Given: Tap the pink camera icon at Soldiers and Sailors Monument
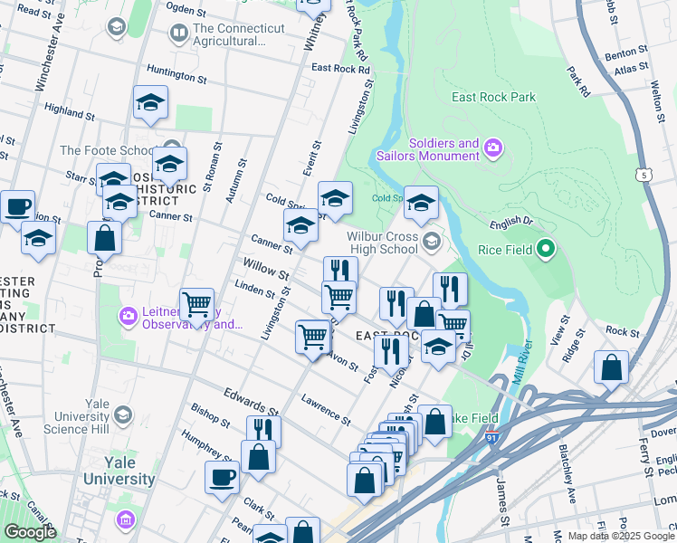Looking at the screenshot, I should (x=493, y=146).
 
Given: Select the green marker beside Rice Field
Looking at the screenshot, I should (x=545, y=247).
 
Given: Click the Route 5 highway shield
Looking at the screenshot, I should (x=644, y=174).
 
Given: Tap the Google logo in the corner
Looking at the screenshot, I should (x=29, y=532).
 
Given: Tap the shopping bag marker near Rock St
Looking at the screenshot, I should (x=611, y=367).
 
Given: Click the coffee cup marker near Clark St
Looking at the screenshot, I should (x=222, y=477).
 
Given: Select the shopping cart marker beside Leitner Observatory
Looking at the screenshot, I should (x=197, y=305).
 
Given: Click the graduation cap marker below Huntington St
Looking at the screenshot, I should (x=151, y=103).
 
